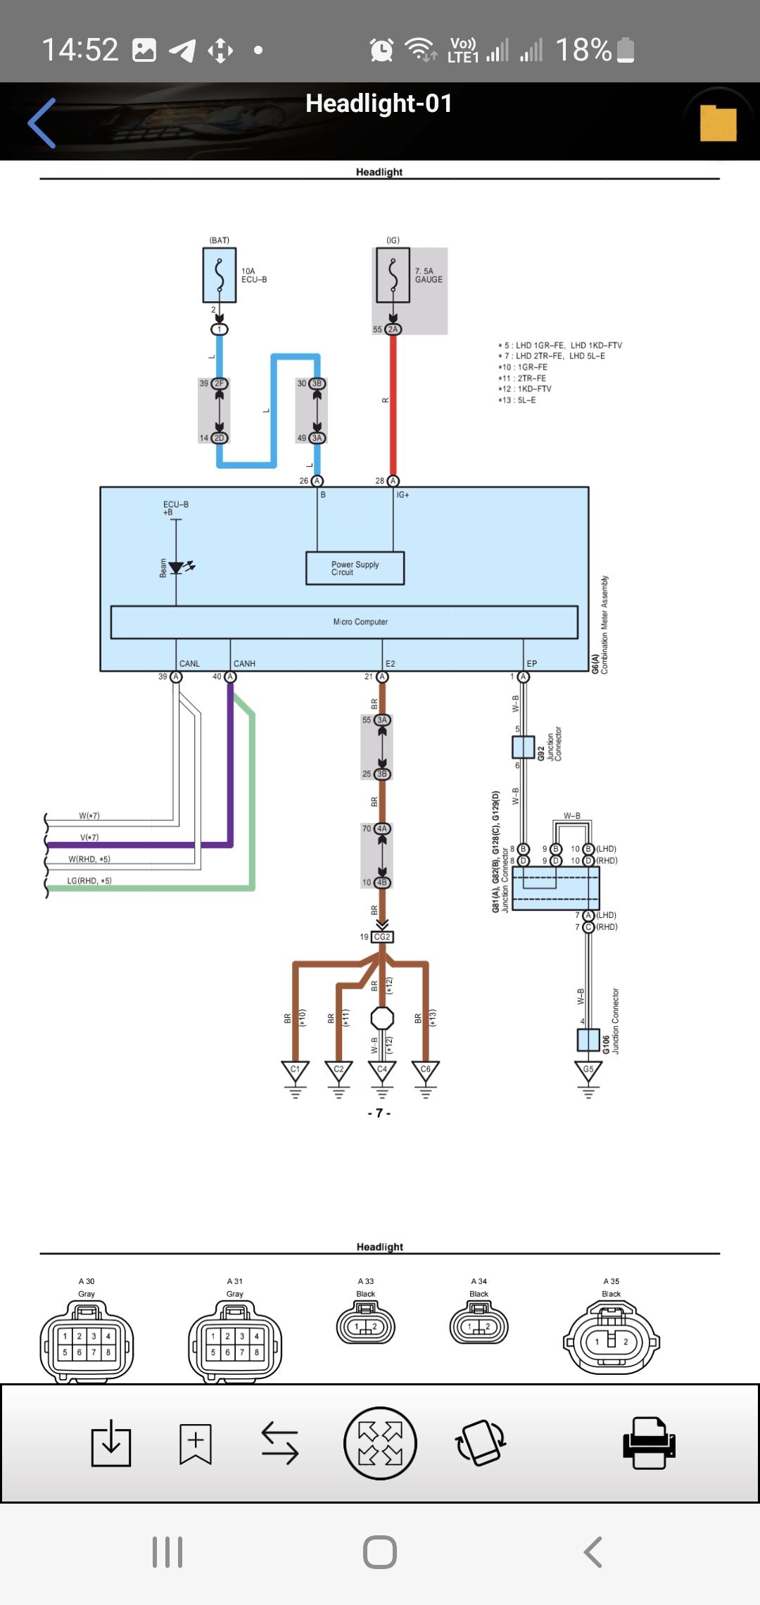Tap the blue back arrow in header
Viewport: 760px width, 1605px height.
click(x=42, y=123)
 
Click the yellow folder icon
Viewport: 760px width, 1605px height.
click(x=718, y=123)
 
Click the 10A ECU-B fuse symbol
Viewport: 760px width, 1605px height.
click(x=220, y=275)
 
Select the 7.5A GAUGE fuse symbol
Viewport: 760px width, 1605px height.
click(x=393, y=275)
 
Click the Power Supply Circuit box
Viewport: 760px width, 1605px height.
click(x=355, y=568)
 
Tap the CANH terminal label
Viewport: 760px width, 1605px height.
click(x=244, y=664)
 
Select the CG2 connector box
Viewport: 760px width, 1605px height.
click(x=382, y=937)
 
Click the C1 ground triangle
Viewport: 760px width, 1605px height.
click(x=295, y=1071)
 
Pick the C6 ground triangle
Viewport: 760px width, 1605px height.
click(x=425, y=1071)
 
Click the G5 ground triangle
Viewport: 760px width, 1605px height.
click(x=588, y=1071)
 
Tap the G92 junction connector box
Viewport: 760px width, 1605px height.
click(x=523, y=747)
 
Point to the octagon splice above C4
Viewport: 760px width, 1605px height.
click(x=382, y=1018)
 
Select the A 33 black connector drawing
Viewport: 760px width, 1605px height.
click(x=366, y=1325)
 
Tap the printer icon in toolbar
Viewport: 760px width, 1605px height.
click(x=649, y=1442)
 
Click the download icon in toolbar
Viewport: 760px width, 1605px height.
click(x=111, y=1442)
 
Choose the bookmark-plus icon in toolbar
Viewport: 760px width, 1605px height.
click(x=195, y=1442)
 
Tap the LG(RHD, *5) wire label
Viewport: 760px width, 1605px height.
click(x=89, y=881)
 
